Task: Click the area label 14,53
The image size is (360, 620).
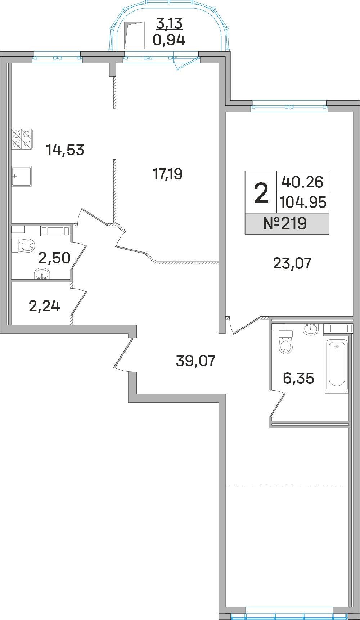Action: coord(65,150)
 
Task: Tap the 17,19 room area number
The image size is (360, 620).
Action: coord(167,174)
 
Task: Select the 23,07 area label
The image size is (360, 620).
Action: coord(292,263)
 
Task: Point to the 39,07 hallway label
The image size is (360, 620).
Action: coord(195,361)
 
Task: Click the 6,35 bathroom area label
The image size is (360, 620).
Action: coord(298,378)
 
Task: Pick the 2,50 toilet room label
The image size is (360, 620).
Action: coord(54,258)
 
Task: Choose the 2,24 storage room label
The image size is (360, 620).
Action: coord(44,306)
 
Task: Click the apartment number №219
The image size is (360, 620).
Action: coord(285,223)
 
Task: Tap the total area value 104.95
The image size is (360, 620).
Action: coord(303,202)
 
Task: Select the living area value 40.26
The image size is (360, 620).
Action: coord(302,182)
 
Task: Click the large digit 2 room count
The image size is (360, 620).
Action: coord(261,193)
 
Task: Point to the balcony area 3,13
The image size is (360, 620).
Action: coord(169,23)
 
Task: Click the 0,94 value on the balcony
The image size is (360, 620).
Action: coord(169,40)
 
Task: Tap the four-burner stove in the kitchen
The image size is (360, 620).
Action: coord(22,139)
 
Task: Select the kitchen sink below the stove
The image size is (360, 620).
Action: coord(22,176)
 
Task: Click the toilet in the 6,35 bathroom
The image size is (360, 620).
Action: coord(286,344)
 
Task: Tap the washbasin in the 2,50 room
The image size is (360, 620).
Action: coord(42,275)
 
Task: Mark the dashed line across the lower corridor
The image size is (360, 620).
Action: coord(286,485)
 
